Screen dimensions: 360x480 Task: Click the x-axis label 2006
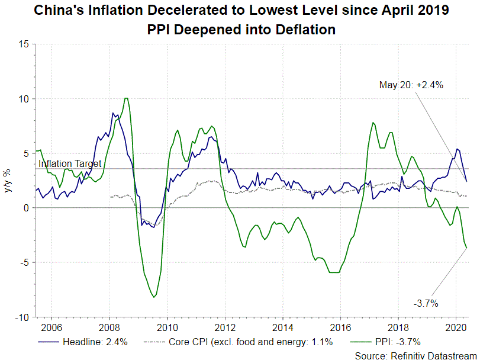(50, 327)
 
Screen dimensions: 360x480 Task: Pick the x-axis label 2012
(224, 327)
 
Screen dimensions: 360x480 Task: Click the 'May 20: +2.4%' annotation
(411, 85)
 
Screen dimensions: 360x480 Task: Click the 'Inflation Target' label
(70, 163)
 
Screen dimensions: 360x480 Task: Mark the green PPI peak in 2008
(127, 98)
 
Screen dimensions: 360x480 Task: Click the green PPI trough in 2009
(154, 297)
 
